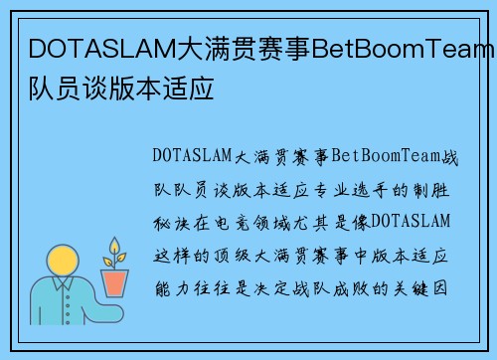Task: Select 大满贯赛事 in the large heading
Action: coord(245,48)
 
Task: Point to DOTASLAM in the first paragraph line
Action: coord(191,156)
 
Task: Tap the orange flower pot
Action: coord(116,283)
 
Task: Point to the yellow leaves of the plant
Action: coord(116,252)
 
